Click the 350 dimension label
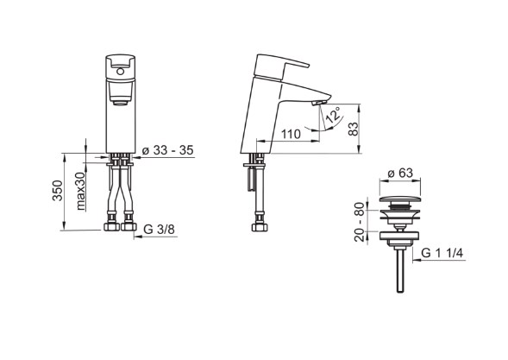tap(57, 191)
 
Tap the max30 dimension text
tap(81, 191)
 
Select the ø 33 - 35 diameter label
tap(168, 150)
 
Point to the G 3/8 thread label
tap(159, 230)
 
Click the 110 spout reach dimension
tap(291, 134)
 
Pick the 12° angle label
tap(334, 115)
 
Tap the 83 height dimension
tap(354, 129)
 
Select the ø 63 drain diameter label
tap(400, 173)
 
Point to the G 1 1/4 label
tap(442, 253)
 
